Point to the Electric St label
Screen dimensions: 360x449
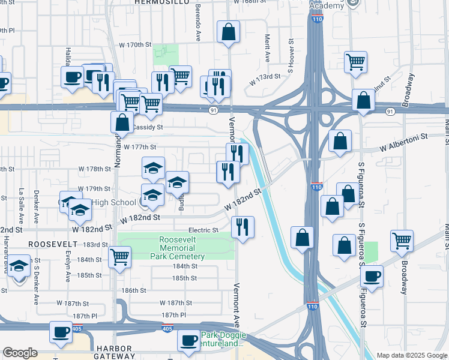pyautogui.click(x=203, y=230)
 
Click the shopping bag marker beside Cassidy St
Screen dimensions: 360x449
pyautogui.click(x=122, y=123)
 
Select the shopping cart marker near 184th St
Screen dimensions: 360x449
pyautogui.click(x=120, y=258)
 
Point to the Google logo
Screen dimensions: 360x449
pyautogui.click(x=20, y=353)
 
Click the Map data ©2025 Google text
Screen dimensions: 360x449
pyautogui.click(x=411, y=355)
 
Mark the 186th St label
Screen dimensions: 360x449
pyautogui.click(x=134, y=290)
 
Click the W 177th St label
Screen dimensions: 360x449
pyautogui.click(x=140, y=147)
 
